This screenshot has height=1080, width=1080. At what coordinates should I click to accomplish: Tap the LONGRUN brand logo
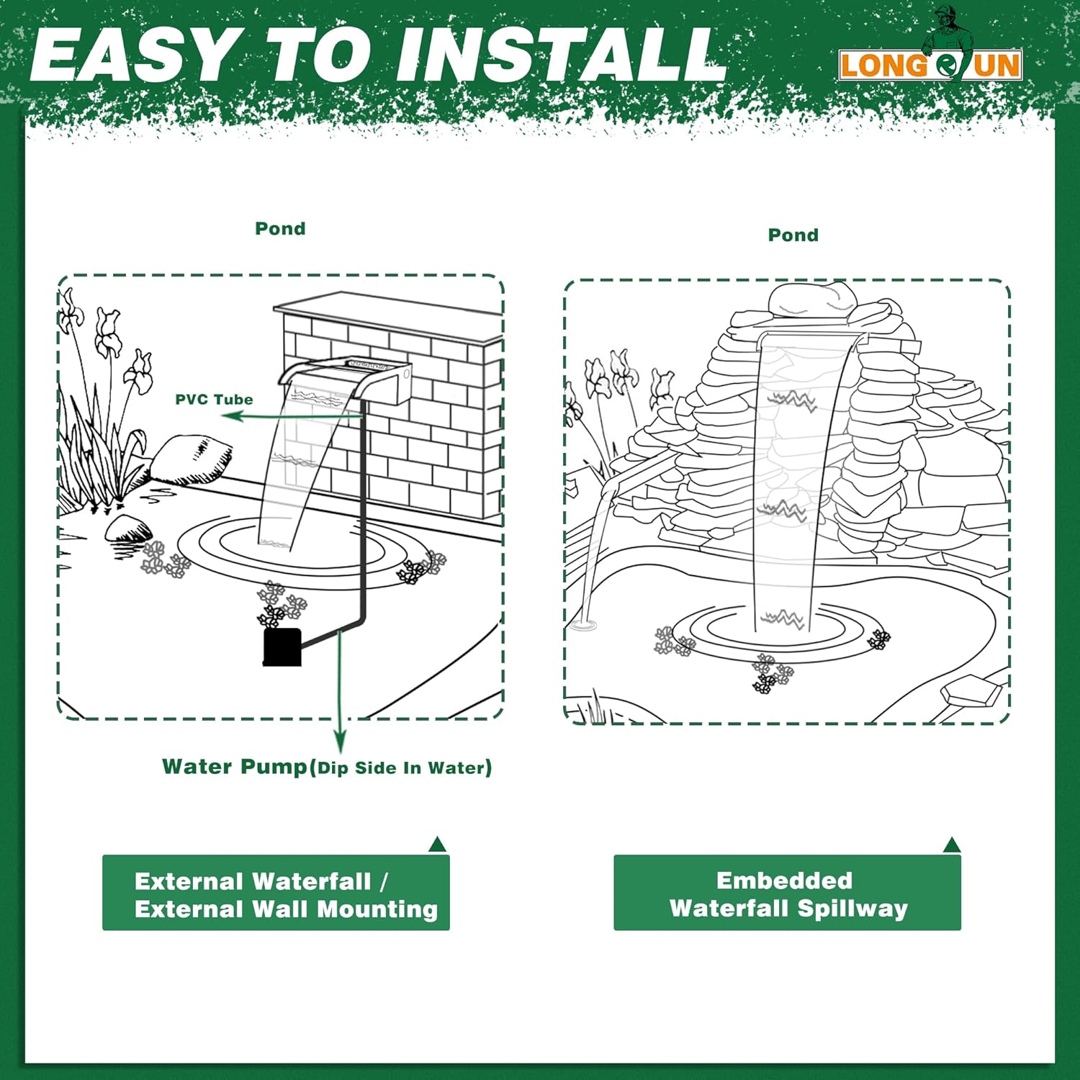[930, 65]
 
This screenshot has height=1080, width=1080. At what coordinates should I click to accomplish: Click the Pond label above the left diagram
[280, 228]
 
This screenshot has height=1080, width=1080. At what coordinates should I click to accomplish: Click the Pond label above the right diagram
[793, 235]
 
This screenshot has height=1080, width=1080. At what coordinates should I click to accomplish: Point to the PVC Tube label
[214, 400]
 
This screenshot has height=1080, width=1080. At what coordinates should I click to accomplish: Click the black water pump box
[282, 647]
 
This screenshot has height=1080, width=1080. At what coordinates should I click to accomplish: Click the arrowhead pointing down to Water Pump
[340, 742]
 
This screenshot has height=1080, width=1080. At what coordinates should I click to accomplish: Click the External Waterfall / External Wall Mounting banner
[276, 893]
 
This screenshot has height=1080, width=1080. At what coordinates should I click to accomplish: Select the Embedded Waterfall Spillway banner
[787, 893]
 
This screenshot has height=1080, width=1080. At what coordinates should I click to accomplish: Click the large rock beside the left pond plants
[191, 459]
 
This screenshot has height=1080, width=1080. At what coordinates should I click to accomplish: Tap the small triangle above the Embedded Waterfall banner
[952, 845]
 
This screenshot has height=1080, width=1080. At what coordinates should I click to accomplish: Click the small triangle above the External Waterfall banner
[438, 845]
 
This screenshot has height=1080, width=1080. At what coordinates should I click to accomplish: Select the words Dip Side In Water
[405, 768]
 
